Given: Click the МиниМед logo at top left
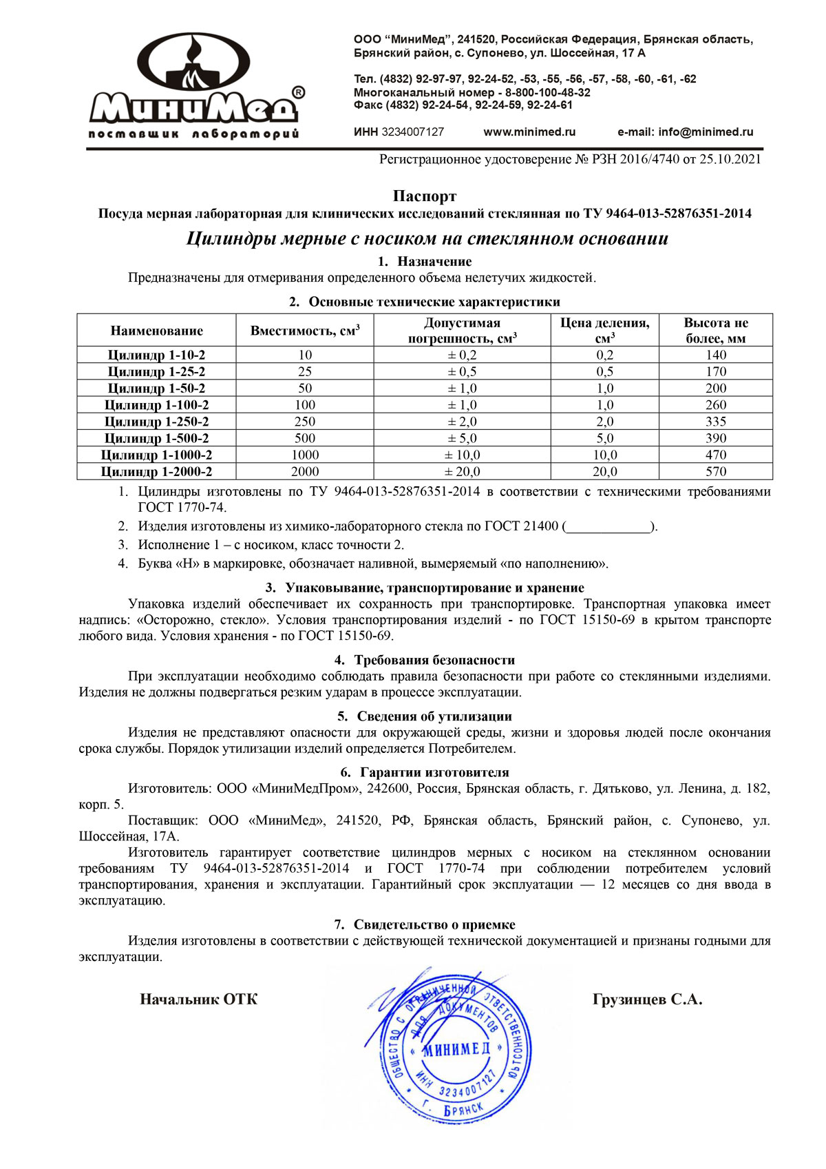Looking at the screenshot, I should click(x=195, y=86).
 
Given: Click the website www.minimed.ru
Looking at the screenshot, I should click(x=529, y=132).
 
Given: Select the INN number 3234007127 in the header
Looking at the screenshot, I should click(x=412, y=132).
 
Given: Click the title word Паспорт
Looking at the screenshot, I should click(x=425, y=197).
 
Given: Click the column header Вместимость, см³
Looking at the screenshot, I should click(x=305, y=331).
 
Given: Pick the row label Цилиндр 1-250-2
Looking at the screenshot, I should click(x=157, y=422).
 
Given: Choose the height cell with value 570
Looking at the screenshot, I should click(x=716, y=472).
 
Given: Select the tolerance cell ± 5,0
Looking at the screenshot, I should click(x=463, y=438).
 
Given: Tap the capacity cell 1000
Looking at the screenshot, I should click(x=305, y=455).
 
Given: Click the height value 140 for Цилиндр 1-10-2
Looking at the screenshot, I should click(x=716, y=355).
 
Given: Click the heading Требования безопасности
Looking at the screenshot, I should click(x=434, y=660).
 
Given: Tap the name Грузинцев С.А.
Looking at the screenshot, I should click(x=647, y=1000).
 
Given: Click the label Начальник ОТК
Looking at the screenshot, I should click(x=199, y=1000).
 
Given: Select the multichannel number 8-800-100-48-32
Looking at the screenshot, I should click(x=548, y=92).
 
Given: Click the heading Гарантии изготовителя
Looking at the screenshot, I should click(x=434, y=773).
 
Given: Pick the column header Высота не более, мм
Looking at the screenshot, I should click(x=716, y=331).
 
